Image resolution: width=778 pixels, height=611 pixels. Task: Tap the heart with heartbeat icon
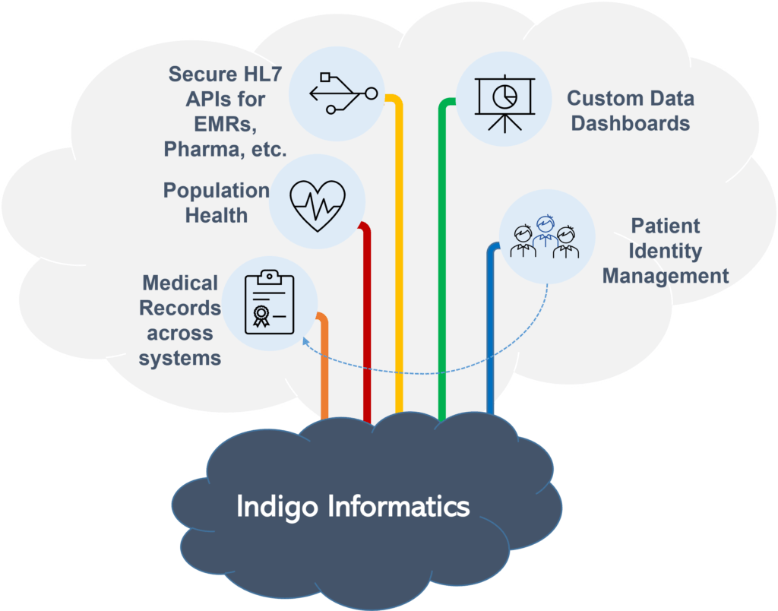coord(318,204)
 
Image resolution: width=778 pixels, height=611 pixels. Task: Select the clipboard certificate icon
coord(268,302)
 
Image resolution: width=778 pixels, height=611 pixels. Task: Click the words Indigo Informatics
coord(353,506)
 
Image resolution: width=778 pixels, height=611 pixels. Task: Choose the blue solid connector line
coord(490,327)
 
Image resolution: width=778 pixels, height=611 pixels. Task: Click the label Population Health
coord(217,202)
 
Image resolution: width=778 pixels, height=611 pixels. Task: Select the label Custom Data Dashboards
coord(630,110)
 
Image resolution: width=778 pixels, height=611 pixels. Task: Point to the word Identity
coord(666,251)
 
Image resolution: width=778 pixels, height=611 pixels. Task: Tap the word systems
coord(180,357)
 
